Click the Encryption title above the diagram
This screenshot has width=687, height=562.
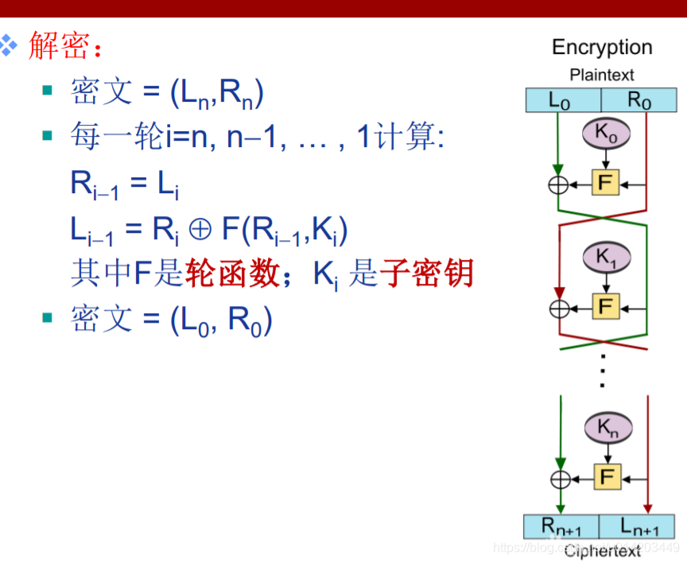point(602,48)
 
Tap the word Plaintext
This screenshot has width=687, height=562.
point(602,76)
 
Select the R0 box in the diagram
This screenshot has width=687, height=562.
point(638,100)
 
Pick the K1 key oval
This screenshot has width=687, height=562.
point(606,256)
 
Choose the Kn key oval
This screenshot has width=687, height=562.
point(607,429)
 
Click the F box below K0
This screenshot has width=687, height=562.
point(606,184)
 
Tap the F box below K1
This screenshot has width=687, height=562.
point(606,305)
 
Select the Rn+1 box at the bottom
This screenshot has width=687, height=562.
point(561,526)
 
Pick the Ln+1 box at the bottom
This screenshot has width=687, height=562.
point(636,526)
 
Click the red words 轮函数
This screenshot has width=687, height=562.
point(231,274)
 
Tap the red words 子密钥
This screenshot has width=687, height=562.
point(426,274)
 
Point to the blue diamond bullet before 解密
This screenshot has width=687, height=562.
point(9,45)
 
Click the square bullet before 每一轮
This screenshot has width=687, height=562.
point(47,137)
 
